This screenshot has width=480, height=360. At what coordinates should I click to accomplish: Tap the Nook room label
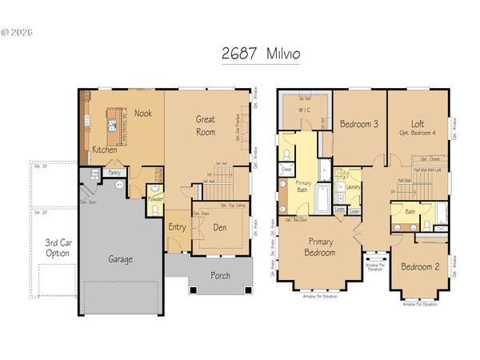pyautogui.click(x=143, y=114)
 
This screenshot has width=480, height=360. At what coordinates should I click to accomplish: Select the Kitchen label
pyautogui.click(x=105, y=150)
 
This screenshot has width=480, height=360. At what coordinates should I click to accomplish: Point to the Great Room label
pyautogui.click(x=206, y=126)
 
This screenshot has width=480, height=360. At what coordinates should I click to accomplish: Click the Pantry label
pyautogui.click(x=114, y=172)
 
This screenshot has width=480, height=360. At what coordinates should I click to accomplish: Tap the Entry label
pyautogui.click(x=177, y=227)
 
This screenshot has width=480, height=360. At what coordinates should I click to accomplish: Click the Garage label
pyautogui.click(x=121, y=258)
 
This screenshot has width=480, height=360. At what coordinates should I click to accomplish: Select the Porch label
pyautogui.click(x=220, y=276)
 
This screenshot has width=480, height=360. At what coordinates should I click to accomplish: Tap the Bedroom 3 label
pyautogui.click(x=359, y=124)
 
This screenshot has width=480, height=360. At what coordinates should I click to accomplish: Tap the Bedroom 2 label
pyautogui.click(x=420, y=266)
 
